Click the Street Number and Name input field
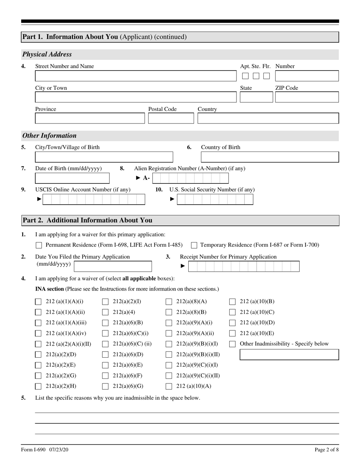pos(135,76)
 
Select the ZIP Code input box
pos(307,97)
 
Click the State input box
pos(256,97)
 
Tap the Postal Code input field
pos(171,119)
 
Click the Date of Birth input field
pos(72,178)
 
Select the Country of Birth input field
pos(269,157)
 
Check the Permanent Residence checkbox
pos(38,245)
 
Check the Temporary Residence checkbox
pos(194,245)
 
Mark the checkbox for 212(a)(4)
pos(105,313)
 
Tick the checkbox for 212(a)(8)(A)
pos(169,302)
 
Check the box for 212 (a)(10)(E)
pos(233,334)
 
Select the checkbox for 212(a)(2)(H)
pos(38,386)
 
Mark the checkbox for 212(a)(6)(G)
pos(105,386)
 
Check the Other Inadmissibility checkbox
pos(233,344)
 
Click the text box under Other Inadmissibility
pos(289,355)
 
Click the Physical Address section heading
pos(47,54)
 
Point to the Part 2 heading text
pos(88,220)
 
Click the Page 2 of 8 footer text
pos(326,450)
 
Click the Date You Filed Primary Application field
pos(113,266)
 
